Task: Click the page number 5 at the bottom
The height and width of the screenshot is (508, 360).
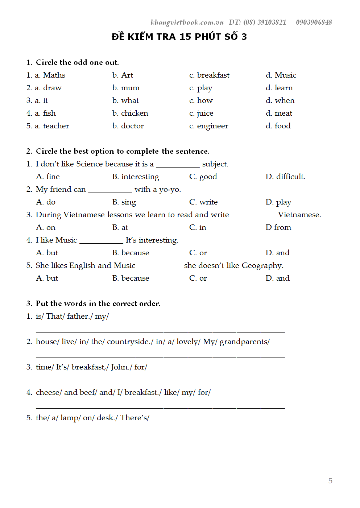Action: click(330, 480)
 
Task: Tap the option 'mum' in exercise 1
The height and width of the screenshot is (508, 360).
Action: click(130, 88)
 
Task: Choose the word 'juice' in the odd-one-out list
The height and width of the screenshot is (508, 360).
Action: click(205, 113)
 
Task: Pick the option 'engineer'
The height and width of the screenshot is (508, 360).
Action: click(212, 126)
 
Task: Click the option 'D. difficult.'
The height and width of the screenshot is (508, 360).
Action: click(285, 177)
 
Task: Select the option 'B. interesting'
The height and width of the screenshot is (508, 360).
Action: click(136, 177)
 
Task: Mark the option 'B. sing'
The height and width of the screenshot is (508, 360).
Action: click(124, 202)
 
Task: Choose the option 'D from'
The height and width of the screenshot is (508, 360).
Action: click(278, 227)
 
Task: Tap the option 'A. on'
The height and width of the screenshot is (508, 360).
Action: click(46, 227)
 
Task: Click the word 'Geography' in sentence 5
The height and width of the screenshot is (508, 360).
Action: click(262, 265)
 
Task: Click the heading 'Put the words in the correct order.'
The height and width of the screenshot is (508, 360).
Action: click(98, 303)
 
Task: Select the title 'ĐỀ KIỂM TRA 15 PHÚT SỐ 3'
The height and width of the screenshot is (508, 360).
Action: click(179, 37)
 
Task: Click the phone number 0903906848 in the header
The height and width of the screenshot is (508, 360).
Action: click(314, 22)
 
